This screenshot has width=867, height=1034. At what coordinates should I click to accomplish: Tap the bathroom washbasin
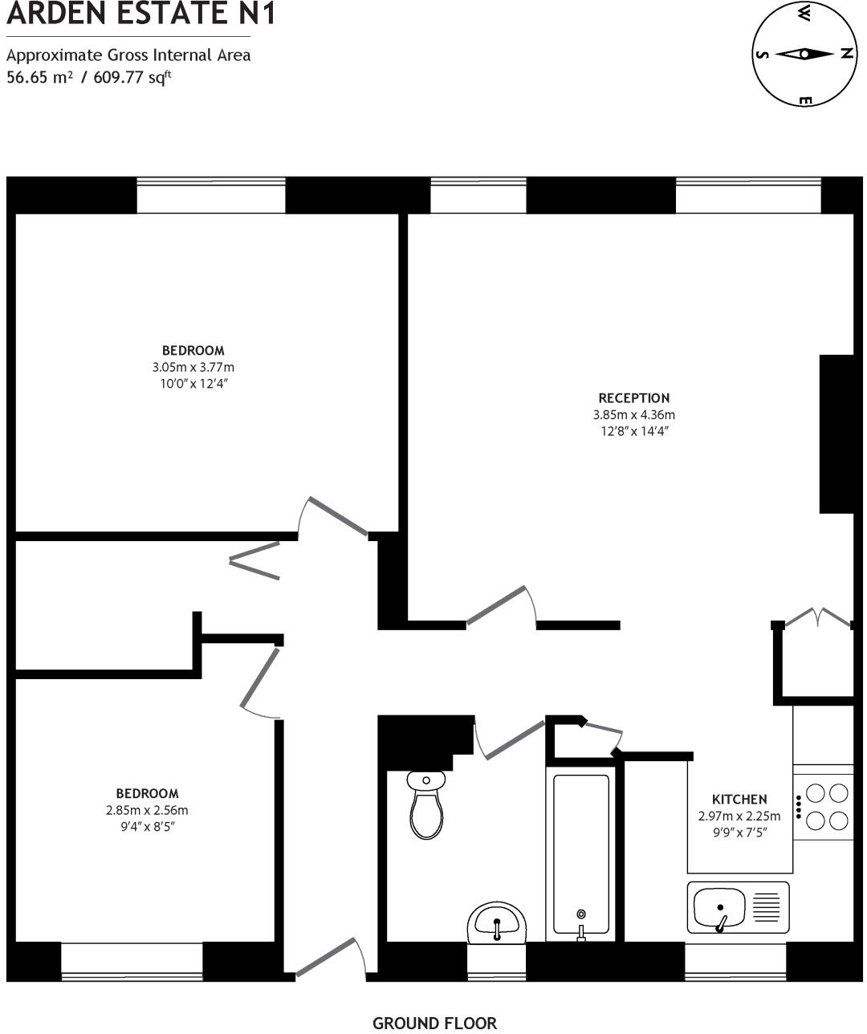coord(497,922)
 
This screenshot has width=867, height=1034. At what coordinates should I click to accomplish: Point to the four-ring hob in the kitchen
coord(826,807)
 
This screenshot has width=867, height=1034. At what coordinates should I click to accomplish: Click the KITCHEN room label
coord(739,800)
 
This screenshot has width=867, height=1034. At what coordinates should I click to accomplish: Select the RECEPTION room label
coord(633,398)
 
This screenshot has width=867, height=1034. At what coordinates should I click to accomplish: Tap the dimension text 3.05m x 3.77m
coord(193,368)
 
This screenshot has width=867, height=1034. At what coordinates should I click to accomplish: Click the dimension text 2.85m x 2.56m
coord(147,811)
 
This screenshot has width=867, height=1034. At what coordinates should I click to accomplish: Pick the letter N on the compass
coord(845,54)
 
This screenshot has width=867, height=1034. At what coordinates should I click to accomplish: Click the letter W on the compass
coord(804,11)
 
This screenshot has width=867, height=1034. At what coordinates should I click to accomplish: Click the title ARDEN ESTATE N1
coord(140,14)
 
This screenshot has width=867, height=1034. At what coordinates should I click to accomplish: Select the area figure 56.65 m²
coord(40,78)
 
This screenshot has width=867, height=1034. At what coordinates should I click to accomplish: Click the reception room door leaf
coord(496,605)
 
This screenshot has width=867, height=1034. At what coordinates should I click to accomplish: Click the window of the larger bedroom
coord(210,196)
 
